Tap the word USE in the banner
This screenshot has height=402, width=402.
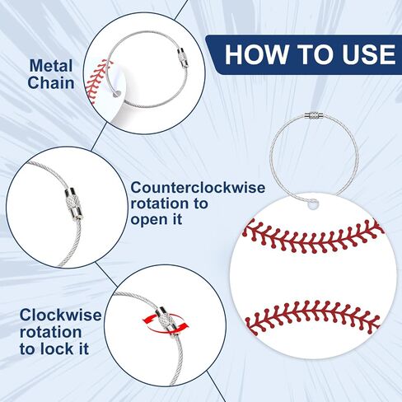(x=369, y=54)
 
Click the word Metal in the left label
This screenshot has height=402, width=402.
(x=51, y=66)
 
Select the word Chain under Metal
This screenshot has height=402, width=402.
(x=51, y=82)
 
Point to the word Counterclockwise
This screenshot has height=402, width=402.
(x=198, y=188)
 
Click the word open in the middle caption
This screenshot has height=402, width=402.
(x=147, y=220)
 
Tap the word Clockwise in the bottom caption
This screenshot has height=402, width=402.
(x=61, y=315)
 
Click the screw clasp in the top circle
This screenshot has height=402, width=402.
(x=182, y=58)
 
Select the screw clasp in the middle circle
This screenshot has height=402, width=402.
(x=73, y=204)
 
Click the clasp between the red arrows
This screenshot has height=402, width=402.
(x=166, y=320)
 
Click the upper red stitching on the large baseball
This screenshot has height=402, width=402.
(x=313, y=236)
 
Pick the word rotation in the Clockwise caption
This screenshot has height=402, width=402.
(x=51, y=332)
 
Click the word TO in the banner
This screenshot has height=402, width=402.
(x=315, y=54)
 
